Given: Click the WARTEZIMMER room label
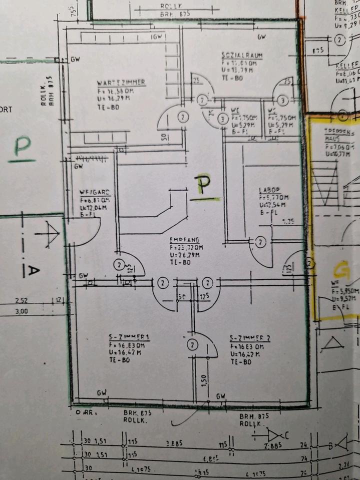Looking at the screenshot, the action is [121, 82].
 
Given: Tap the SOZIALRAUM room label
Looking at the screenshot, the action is [242, 55].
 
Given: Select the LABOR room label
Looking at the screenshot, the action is [268, 190].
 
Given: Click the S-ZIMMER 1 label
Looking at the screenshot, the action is [129, 336].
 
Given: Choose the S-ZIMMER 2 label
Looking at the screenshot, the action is [250, 338].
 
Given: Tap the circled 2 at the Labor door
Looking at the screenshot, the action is [260, 242].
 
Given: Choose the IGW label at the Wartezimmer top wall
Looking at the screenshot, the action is [158, 36].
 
